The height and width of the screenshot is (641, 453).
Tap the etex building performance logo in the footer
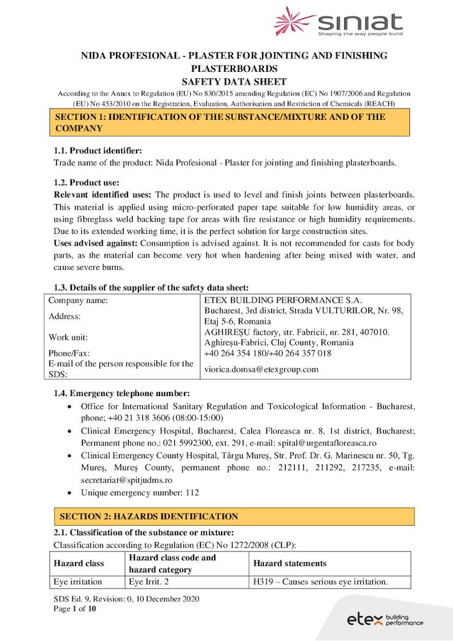(x=384, y=619)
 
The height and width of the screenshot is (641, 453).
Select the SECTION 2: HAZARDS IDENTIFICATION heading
(x=149, y=517)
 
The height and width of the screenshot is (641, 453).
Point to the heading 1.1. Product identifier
(x=97, y=151)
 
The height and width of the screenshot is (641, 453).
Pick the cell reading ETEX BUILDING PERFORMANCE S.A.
(x=283, y=300)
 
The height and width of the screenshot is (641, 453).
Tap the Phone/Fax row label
(x=69, y=353)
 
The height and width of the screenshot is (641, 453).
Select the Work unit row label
(x=68, y=337)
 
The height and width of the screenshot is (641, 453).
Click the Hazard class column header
(x=78, y=563)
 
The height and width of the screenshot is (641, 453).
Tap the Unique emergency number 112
(x=140, y=493)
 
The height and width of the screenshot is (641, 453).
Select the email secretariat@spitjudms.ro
(x=126, y=480)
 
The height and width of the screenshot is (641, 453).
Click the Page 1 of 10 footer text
(x=75, y=608)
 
